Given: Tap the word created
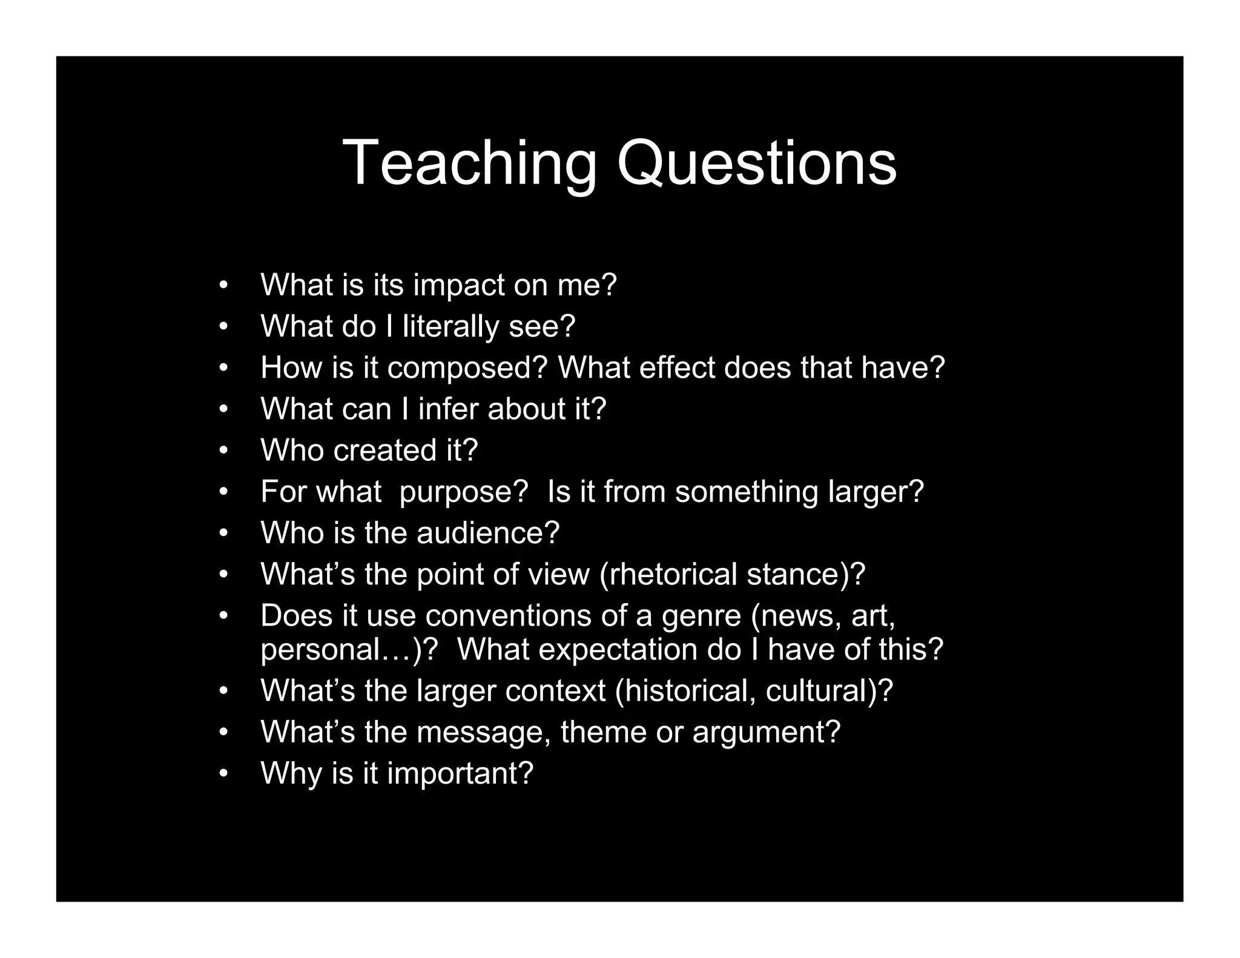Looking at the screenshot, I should pyautogui.click(x=384, y=450).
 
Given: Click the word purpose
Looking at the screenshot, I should pyautogui.click(x=464, y=492).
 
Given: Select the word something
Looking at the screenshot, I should pyautogui.click(x=747, y=492).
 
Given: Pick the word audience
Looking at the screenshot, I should pyautogui.click(x=487, y=533).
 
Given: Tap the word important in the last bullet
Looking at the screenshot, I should pyautogui.click(x=460, y=774).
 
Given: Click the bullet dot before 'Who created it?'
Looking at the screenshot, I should pyautogui.click(x=223, y=451).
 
